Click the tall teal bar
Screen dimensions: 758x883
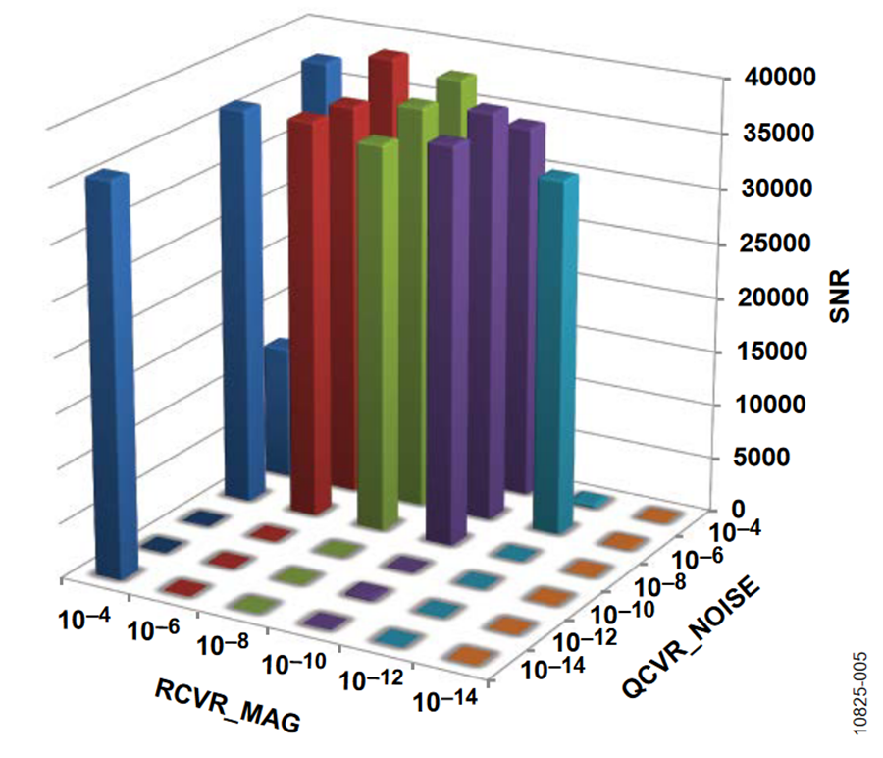557,344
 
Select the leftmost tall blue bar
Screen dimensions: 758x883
110,373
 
